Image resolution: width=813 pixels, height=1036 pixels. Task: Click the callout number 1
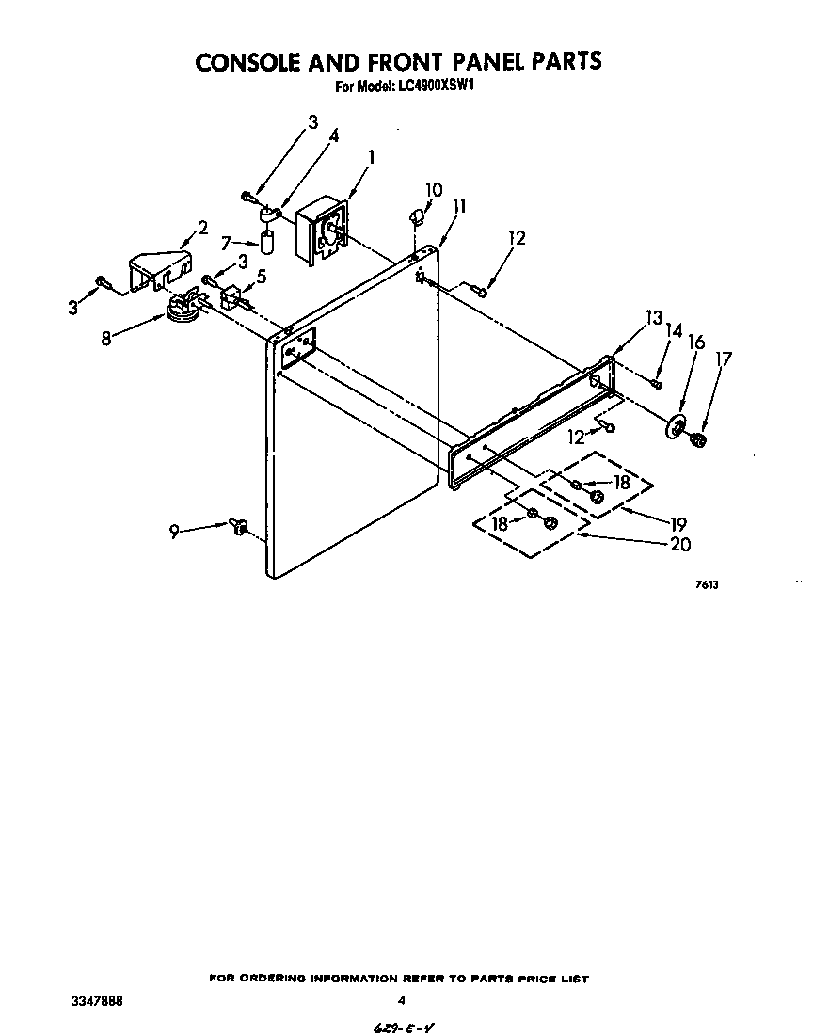pyautogui.click(x=372, y=158)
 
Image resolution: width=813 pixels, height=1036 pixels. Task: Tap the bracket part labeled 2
pyautogui.click(x=159, y=268)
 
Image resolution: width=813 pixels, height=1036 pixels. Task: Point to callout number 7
pyautogui.click(x=226, y=243)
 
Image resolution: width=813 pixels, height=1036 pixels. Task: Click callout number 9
pyautogui.click(x=174, y=533)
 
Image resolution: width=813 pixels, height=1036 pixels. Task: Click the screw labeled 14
pyautogui.click(x=657, y=382)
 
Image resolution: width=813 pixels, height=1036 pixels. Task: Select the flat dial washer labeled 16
pyautogui.click(x=676, y=426)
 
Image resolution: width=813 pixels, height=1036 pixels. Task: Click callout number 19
pyautogui.click(x=677, y=524)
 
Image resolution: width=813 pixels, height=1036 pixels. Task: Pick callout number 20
pyautogui.click(x=679, y=543)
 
